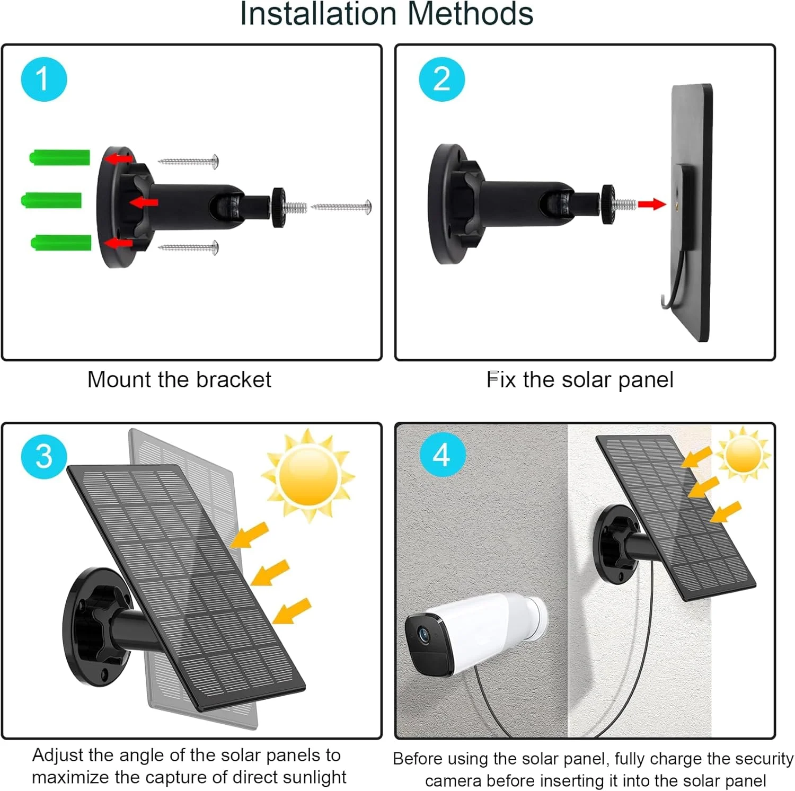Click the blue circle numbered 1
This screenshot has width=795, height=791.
[x=44, y=79]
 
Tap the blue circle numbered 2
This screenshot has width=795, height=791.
[x=441, y=79]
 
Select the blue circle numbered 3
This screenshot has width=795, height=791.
[x=44, y=456]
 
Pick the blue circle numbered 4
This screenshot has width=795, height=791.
[x=443, y=454]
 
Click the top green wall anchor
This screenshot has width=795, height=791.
[x=59, y=158]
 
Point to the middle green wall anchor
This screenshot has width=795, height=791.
[x=51, y=201]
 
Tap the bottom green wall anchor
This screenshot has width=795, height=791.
[x=61, y=243]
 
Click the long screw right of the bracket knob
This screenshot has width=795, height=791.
[x=341, y=207]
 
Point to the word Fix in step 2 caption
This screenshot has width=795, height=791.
[x=501, y=379]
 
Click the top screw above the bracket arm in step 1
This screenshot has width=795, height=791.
[x=189, y=161]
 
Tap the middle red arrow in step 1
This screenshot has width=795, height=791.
[x=144, y=202]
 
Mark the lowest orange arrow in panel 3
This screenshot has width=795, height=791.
[x=291, y=611]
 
